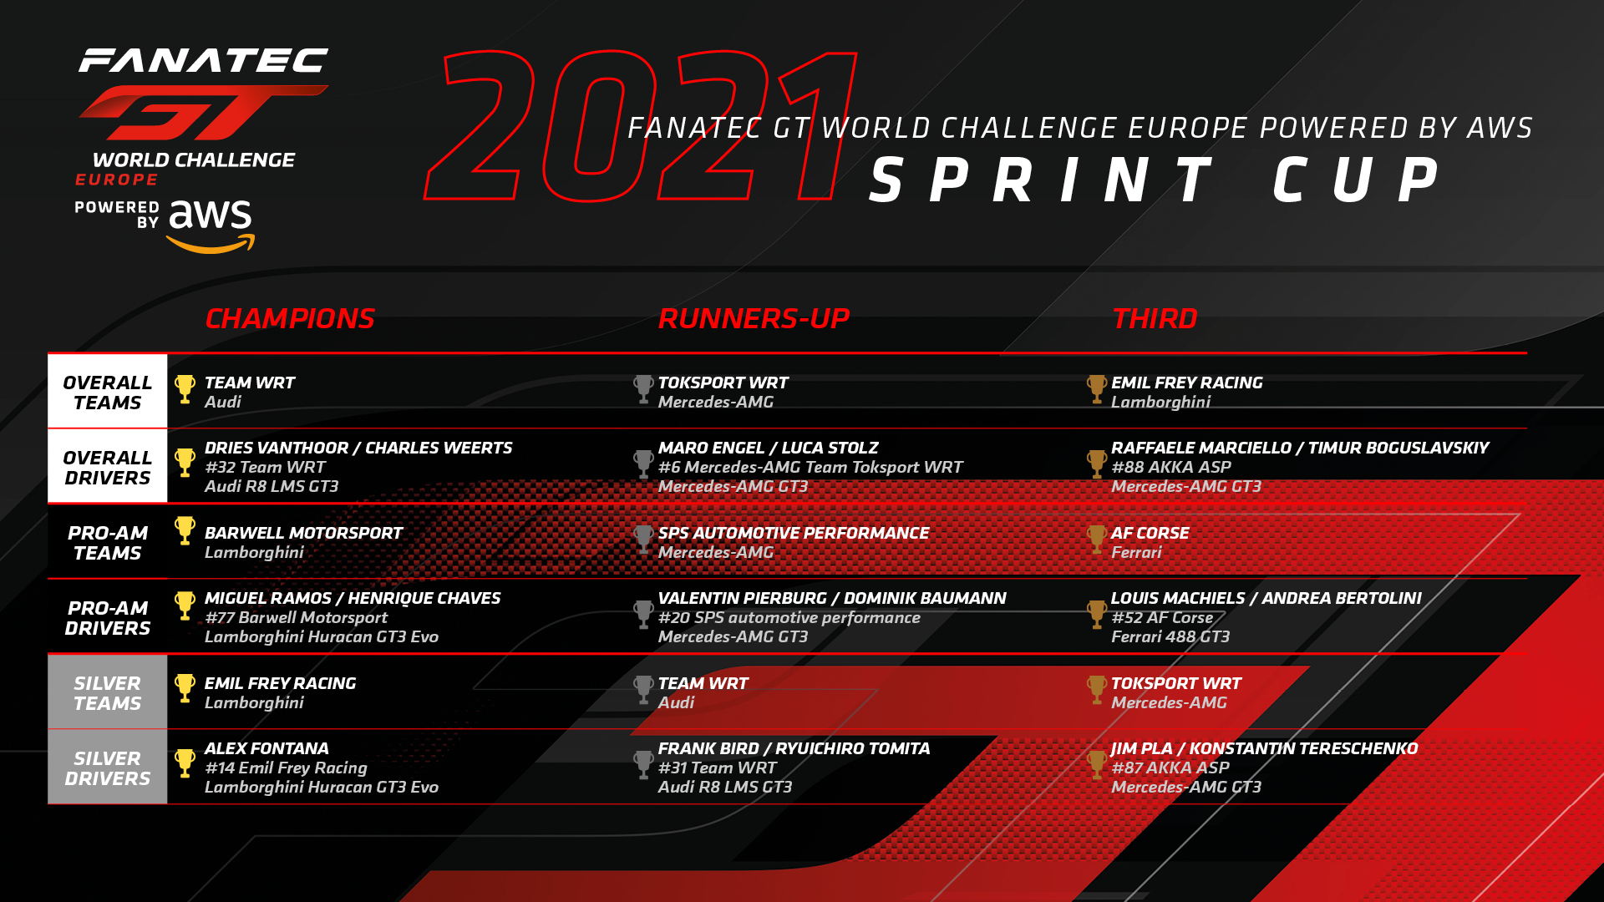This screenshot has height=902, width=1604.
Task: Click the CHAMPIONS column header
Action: click(x=290, y=318)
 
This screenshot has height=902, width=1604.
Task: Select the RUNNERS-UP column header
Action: click(x=754, y=318)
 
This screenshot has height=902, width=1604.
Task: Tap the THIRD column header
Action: click(x=1155, y=318)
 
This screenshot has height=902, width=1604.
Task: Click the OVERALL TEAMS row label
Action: click(x=108, y=393)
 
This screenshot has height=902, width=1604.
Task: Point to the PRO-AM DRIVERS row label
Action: click(x=108, y=618)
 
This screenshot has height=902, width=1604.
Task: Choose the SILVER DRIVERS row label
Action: click(x=108, y=768)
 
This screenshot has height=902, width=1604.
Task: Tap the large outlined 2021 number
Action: click(x=641, y=125)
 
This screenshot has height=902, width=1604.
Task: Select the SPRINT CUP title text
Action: click(x=1155, y=180)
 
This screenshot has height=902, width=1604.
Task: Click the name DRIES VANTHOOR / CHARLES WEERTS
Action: click(x=358, y=448)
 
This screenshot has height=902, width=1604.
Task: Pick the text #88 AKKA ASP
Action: click(x=1171, y=467)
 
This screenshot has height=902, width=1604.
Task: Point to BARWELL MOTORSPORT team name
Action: click(x=303, y=533)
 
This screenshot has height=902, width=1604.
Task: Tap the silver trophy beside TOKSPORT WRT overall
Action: click(x=643, y=389)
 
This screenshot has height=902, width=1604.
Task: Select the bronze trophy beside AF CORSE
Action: click(x=1097, y=540)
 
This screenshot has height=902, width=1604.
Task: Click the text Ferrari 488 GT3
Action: click(x=1170, y=636)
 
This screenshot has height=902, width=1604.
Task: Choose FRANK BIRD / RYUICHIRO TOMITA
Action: click(x=794, y=748)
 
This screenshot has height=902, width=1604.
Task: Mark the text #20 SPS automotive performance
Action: click(x=789, y=617)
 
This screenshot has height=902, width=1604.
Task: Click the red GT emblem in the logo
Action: click(x=203, y=112)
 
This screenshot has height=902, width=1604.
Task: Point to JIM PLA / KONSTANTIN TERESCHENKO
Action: click(x=1264, y=748)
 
